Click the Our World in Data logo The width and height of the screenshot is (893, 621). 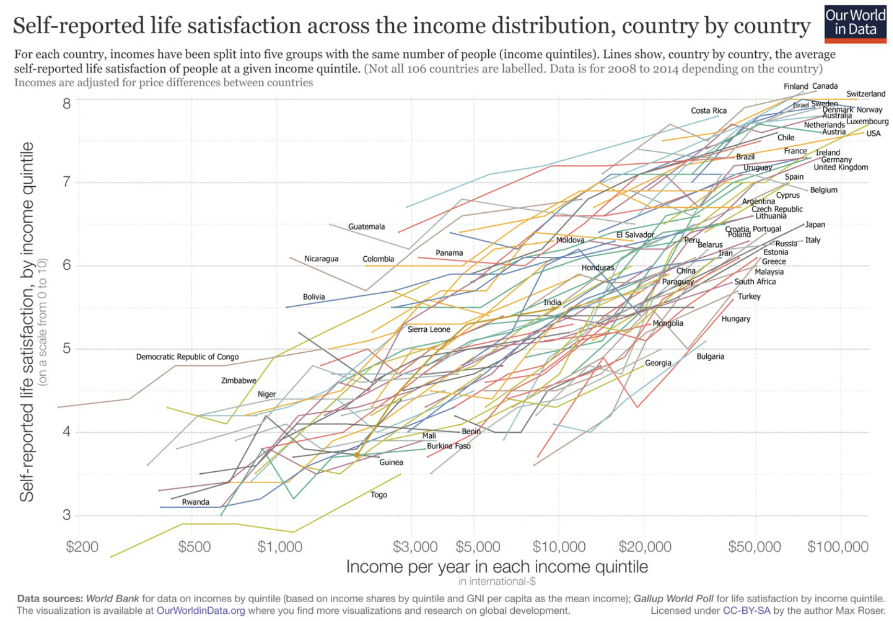coord(855,23)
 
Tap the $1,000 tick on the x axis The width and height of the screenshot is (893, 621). coord(280,546)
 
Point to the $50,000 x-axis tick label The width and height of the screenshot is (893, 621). coord(754,546)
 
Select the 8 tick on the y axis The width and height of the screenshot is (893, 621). coord(67,103)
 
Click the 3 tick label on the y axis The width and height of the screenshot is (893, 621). coord(67,515)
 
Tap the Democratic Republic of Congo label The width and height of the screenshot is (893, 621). coord(187,357)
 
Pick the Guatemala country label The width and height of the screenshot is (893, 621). coord(366,226)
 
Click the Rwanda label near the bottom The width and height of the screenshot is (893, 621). coord(196,502)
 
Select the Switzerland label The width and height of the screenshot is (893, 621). coord(865,94)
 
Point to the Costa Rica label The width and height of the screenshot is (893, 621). coord(708,111)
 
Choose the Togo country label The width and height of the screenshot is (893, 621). coord(379,495)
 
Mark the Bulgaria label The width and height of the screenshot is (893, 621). coord(710,356)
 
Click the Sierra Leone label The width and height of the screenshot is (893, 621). coord(428,329)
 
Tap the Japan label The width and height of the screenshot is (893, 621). coord(815,224)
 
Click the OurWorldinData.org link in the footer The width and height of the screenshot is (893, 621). coord(200,611)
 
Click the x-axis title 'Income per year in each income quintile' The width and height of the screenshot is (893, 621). coord(497,567)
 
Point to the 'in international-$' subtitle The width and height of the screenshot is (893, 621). coord(497,581)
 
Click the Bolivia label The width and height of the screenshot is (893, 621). coord(313,297)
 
